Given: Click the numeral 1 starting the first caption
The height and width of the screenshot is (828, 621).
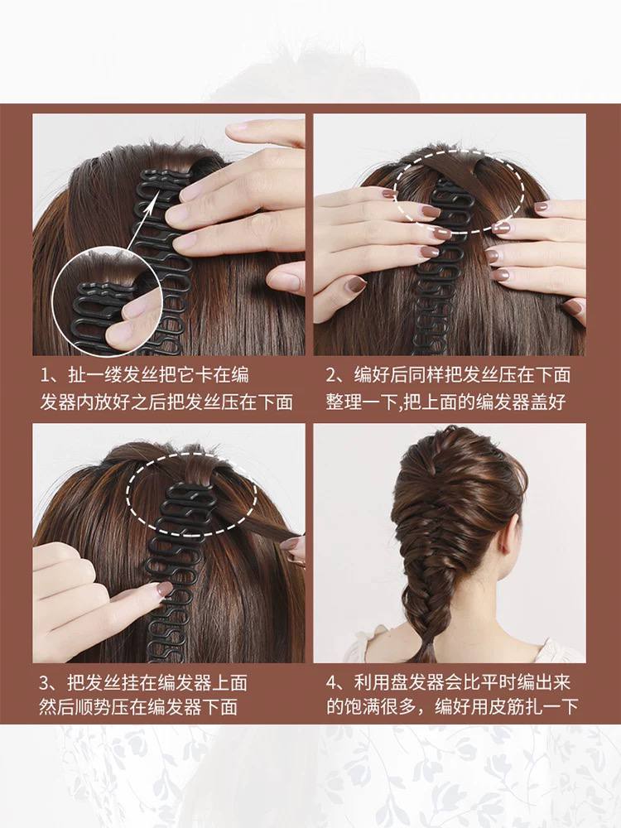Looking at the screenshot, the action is [46, 375].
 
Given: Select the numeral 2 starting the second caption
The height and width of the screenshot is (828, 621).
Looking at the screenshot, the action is [332, 375].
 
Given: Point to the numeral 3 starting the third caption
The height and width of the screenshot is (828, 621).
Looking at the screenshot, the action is [45, 683].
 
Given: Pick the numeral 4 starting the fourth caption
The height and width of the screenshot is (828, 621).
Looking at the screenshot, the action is [332, 683].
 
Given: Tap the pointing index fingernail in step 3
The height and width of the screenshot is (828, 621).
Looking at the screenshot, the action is [165, 588].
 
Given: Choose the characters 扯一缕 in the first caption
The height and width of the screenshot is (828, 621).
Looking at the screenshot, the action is [95, 375].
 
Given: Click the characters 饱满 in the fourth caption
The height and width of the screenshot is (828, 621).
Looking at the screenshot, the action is [362, 706].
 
